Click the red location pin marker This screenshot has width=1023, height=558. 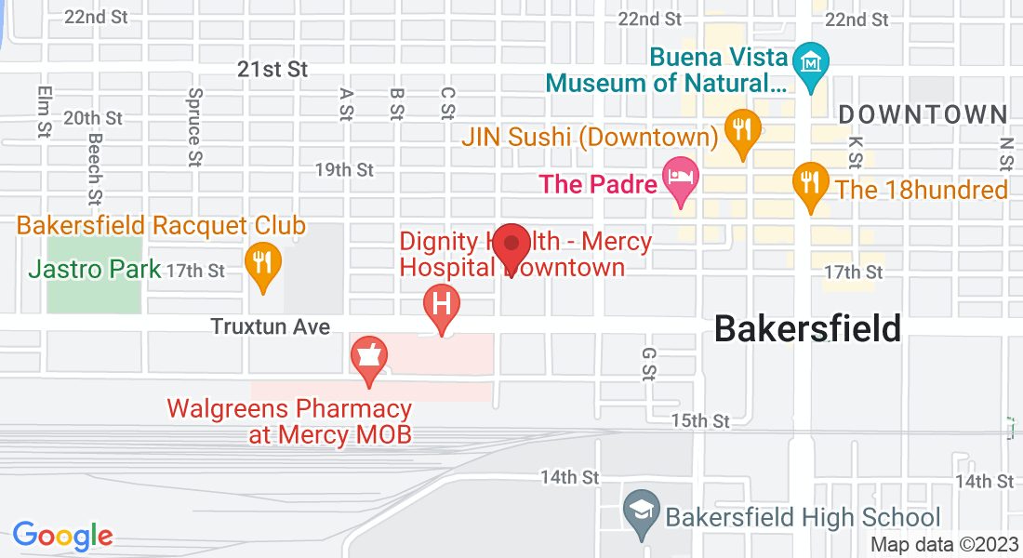point(511,246)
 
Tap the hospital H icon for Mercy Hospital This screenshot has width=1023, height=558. point(442,304)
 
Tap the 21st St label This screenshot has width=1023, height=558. point(272,70)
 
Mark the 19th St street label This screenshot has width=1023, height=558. point(344,170)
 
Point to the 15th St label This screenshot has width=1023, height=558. point(701,421)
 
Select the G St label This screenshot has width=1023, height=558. point(648,365)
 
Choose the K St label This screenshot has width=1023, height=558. point(856,153)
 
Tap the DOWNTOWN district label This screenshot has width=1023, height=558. point(923,115)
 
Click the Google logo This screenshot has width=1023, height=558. point(62,535)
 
